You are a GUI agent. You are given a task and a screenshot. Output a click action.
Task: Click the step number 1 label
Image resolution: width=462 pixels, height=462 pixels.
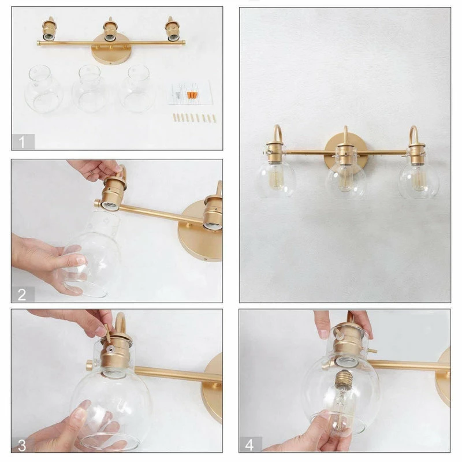22,141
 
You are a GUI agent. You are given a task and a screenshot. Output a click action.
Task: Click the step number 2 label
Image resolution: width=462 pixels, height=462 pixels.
22,295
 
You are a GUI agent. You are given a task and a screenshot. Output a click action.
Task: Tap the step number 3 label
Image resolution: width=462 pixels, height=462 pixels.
22,445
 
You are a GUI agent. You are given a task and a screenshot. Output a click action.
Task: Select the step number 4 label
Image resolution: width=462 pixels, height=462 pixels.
249,445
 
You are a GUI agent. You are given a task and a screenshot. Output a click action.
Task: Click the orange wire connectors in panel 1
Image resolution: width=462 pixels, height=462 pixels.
191,95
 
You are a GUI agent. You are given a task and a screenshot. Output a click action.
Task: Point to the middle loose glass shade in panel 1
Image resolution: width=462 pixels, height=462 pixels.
89,89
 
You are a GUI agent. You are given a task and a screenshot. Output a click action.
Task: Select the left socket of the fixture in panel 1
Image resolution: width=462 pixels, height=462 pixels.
49,29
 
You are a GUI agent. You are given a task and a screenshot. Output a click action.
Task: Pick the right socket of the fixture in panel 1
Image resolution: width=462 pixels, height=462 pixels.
172,29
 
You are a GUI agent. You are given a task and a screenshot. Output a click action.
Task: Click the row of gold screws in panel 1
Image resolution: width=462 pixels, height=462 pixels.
195,118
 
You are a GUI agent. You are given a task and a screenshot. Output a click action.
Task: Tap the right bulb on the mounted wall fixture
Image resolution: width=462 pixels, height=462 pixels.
418,178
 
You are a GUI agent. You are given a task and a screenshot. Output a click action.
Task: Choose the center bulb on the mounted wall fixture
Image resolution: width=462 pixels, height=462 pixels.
346,178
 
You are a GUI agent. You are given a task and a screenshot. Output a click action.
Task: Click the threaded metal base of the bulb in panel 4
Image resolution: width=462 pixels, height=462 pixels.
343,380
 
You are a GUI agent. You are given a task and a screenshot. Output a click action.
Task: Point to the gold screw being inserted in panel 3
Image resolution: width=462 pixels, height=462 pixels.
107,333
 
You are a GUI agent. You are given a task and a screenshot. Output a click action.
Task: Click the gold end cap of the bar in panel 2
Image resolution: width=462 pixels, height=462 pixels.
97,203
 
